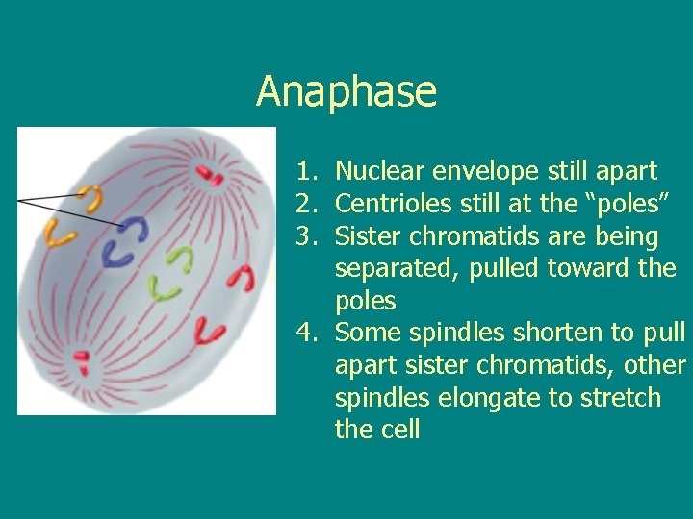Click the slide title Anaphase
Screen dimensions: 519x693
346,92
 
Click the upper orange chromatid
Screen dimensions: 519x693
91,199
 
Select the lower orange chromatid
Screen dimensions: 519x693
62,233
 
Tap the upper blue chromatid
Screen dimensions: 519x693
136,230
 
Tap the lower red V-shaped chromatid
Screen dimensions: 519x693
210,332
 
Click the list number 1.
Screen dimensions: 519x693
306,172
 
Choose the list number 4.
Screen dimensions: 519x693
306,334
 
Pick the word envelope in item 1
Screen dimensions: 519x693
487,172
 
